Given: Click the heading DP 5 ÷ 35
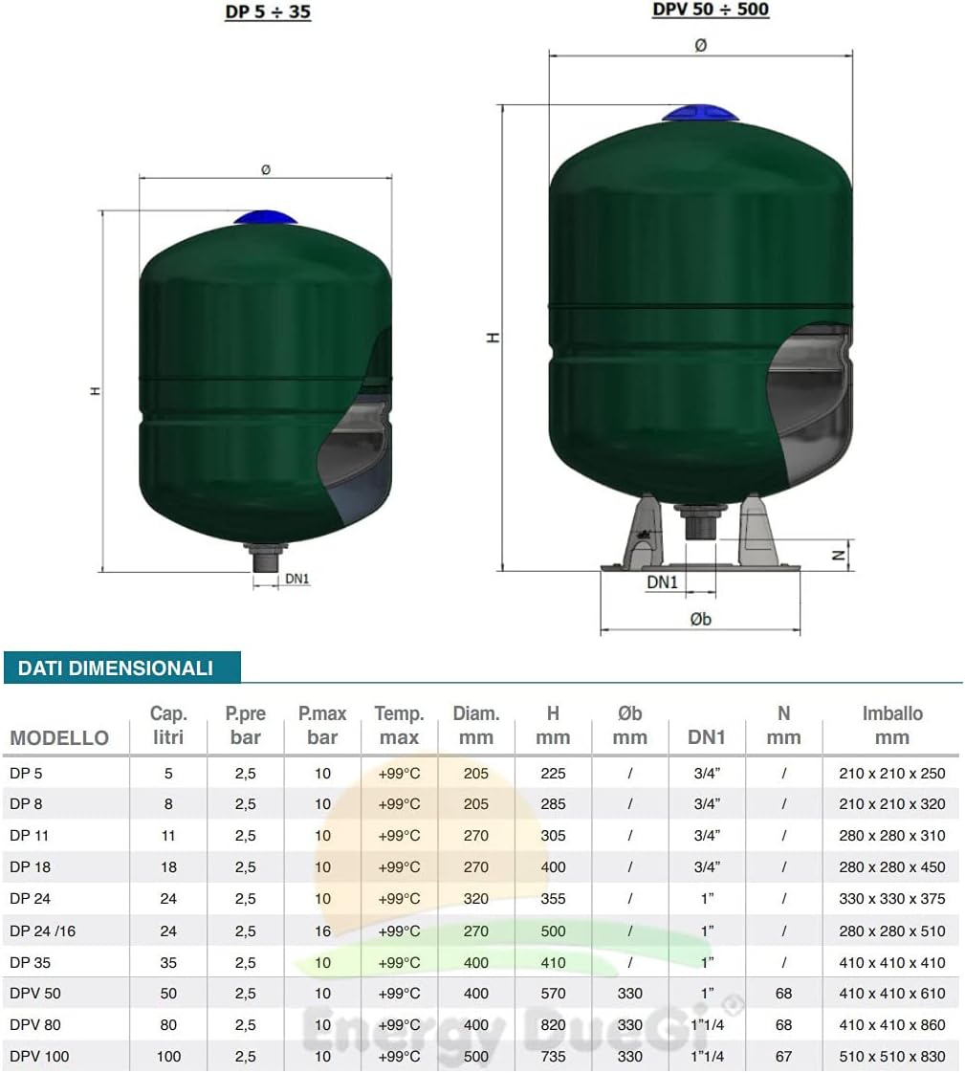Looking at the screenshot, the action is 268,12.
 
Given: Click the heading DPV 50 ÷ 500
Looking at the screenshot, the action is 711,10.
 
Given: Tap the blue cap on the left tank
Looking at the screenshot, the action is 265,218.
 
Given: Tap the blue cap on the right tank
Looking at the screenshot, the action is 700,113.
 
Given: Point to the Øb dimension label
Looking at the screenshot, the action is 700,620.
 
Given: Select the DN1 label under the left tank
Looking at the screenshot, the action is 297,579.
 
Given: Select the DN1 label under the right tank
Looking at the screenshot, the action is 662,582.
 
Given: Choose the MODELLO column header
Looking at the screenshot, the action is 59,737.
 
